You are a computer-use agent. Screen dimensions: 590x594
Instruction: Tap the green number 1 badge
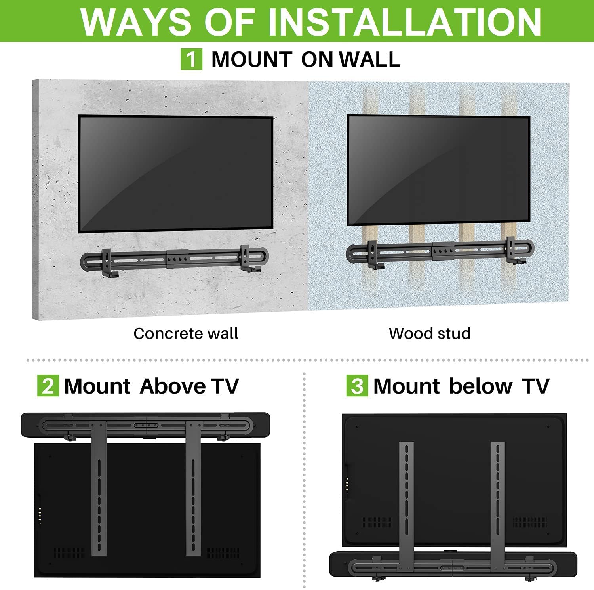[191, 59]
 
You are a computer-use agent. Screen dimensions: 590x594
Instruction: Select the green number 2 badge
[48, 386]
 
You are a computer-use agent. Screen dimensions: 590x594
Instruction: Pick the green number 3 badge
[357, 386]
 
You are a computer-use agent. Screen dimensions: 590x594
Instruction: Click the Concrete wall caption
[186, 333]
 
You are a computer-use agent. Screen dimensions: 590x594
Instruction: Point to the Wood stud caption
[430, 333]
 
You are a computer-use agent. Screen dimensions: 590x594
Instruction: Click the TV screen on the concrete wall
[175, 173]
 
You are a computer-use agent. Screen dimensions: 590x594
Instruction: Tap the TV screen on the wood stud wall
[438, 170]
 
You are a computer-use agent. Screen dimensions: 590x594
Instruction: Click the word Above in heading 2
[172, 386]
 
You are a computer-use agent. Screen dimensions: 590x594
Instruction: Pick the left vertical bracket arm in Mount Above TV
[99, 487]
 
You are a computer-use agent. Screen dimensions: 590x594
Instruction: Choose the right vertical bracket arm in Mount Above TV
[193, 487]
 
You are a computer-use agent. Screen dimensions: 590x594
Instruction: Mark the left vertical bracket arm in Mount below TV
[406, 503]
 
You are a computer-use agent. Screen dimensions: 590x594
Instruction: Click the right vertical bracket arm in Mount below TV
[498, 503]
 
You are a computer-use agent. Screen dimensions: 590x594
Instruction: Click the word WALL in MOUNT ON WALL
[369, 59]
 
